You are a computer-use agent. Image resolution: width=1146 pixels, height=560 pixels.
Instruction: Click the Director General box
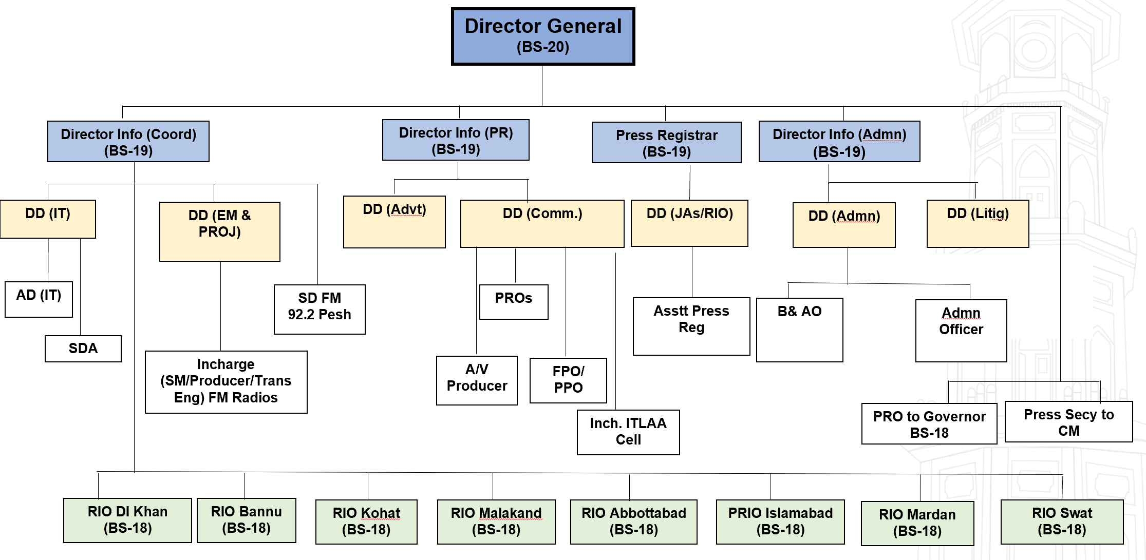[543, 36]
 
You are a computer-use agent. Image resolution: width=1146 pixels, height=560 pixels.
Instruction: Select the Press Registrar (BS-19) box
[666, 143]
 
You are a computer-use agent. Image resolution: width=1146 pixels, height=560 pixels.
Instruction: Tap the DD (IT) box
[48, 219]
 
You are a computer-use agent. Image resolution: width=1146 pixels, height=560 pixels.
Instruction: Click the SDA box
[83, 349]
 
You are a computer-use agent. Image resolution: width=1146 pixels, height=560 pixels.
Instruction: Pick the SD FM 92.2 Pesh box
[320, 309]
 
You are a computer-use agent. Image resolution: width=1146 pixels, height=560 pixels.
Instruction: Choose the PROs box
[514, 302]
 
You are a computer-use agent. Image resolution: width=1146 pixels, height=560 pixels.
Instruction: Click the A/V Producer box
[477, 380]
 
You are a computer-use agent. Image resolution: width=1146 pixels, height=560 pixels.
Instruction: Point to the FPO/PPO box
[568, 380]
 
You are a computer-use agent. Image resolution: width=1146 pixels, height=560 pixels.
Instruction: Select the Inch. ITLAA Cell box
[628, 432]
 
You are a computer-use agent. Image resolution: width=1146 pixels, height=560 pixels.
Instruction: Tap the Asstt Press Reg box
[691, 326]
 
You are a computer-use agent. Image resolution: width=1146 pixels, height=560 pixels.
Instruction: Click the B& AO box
[799, 330]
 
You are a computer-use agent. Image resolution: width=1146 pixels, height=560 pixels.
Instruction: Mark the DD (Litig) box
[978, 224]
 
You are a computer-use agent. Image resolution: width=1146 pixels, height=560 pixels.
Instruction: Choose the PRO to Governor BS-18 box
[929, 424]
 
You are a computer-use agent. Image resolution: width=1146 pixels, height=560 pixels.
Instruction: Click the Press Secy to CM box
[1068, 422]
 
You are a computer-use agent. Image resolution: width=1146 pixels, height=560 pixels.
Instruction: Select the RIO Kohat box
[366, 522]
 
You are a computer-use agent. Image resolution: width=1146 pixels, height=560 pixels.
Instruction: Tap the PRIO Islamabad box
[780, 522]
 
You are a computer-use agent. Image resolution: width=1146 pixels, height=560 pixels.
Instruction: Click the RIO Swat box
[1062, 522]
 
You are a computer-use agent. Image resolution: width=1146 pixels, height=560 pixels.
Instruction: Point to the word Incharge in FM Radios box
[226, 364]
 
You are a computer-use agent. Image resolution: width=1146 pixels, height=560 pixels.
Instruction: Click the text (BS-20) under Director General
[543, 47]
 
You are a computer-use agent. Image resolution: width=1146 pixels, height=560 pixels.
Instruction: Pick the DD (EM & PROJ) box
[220, 231]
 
